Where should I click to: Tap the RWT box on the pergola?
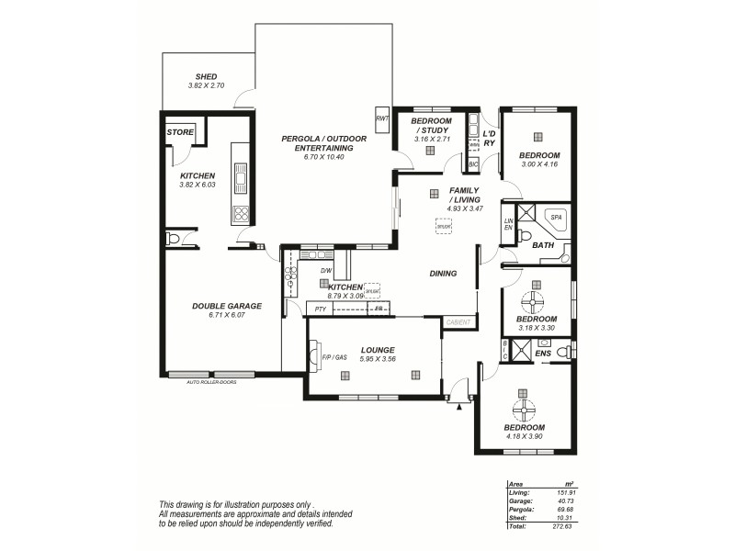[x=382, y=118]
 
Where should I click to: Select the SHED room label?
[x=206, y=76]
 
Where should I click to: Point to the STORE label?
[x=180, y=132]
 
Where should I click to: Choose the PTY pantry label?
[x=320, y=309]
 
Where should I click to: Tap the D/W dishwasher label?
[x=325, y=271]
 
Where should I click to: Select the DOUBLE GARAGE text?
[x=227, y=306]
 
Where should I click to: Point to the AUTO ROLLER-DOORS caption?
[x=211, y=380]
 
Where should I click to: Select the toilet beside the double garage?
[x=174, y=239]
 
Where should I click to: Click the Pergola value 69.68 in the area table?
[x=563, y=510]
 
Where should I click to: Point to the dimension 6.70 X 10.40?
[x=323, y=157]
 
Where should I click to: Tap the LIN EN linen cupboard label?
[x=508, y=223]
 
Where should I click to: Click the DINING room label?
[x=443, y=273]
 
